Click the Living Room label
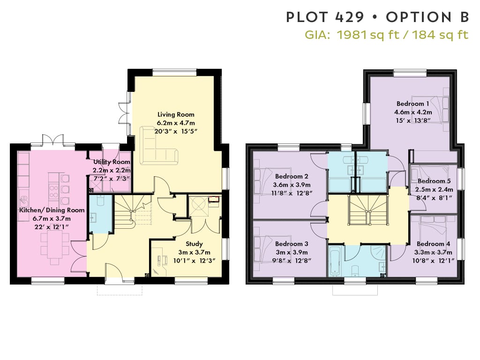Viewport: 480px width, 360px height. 176,114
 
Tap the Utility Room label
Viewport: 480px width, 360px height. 112,162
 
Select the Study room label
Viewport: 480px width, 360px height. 194,244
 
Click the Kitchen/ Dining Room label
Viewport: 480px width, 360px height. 52,210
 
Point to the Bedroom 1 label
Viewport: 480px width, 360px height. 412,104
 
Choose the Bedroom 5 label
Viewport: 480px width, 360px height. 434,181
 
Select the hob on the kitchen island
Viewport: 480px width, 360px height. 53,192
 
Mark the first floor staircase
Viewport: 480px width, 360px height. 368,210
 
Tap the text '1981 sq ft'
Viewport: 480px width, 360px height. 368,35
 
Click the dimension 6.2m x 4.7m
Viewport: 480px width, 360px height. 176,123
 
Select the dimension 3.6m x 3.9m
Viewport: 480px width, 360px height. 292,185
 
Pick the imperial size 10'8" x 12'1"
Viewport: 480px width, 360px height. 433,261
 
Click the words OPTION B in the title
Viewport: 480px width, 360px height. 427,17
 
